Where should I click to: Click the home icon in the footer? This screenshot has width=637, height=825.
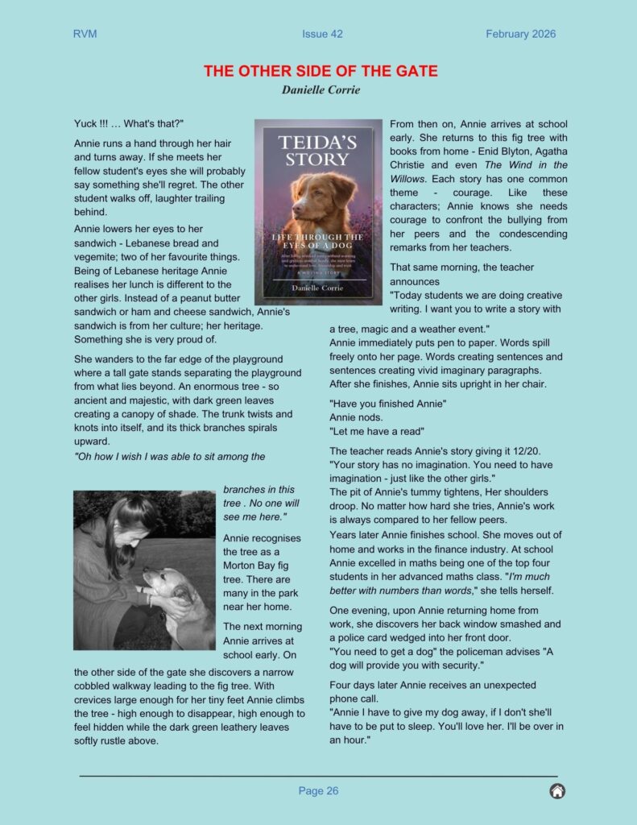pos(556,791)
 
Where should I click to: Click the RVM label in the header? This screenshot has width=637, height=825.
pos(85,34)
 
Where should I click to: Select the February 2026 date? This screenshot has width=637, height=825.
pos(520,34)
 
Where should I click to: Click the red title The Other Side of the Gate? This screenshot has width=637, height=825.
pos(321,71)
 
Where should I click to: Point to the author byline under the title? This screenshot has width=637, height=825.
pos(321,89)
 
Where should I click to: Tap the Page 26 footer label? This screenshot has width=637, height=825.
pos(318,791)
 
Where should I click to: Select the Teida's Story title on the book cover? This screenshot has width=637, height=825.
pos(317,151)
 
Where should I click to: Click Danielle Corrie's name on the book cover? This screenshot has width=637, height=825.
pos(317,288)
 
